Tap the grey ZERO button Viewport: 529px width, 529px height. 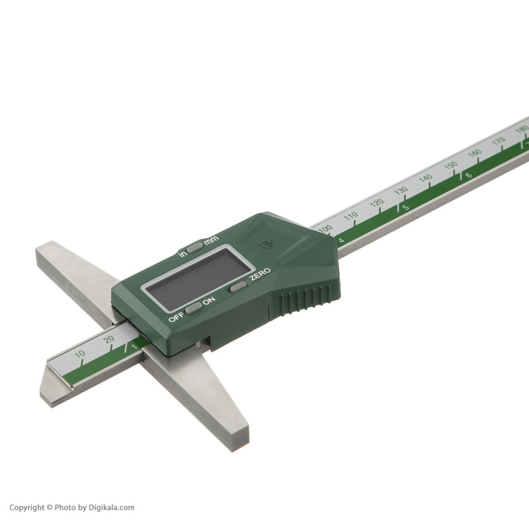coord(238,287)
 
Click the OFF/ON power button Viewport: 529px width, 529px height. coord(193,308)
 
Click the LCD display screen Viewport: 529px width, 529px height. coord(198,279)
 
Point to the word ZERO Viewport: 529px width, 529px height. coord(260,274)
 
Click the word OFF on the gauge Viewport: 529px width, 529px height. coord(176,317)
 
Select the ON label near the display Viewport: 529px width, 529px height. coord(209,300)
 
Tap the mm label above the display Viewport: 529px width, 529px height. coord(211,240)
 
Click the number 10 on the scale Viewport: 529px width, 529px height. coord(80,354)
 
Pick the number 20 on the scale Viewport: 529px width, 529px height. coord(108,339)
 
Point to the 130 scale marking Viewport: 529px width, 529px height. coord(401,190)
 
